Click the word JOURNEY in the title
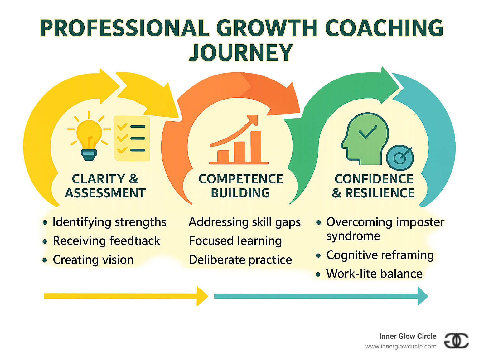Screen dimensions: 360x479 coord(241,52)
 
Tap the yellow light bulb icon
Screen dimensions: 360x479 coord(89,137)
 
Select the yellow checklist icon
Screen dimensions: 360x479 coord(132,138)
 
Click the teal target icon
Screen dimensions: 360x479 coord(400,158)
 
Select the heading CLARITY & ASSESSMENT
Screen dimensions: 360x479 coord(105,186)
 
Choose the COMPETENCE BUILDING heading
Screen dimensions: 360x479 coord(241,186)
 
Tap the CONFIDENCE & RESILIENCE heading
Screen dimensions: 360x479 coord(374,186)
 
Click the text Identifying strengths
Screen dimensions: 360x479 coord(109,222)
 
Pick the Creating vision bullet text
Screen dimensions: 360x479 coord(93,260)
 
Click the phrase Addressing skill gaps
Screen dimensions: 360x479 coord(244,222)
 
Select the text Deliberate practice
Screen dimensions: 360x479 coord(240,260)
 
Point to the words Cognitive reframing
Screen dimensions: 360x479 coord(380,255)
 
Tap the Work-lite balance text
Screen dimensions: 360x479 coord(374,274)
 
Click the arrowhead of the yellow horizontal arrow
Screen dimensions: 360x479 coord(202,296)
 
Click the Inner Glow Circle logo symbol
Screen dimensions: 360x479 coord(456,340)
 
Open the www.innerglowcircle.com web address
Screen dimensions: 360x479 coord(401,347)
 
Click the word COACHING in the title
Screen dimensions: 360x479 coord(384,28)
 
